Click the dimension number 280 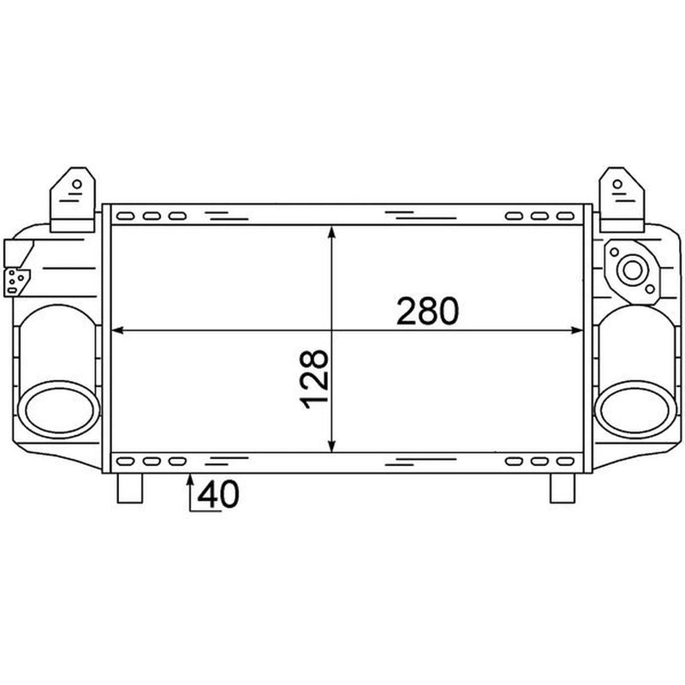pyautogui.click(x=427, y=311)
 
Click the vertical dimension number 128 pyautogui.click(x=313, y=378)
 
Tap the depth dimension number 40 pyautogui.click(x=218, y=494)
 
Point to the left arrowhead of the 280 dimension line pyautogui.click(x=117, y=331)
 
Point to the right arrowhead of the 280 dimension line pyautogui.click(x=577, y=331)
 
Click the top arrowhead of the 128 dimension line pyautogui.click(x=332, y=231)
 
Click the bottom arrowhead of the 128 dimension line pyautogui.click(x=332, y=446)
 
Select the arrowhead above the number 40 pyautogui.click(x=190, y=479)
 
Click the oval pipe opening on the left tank pyautogui.click(x=58, y=410)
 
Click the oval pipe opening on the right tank pyautogui.click(x=635, y=410)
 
